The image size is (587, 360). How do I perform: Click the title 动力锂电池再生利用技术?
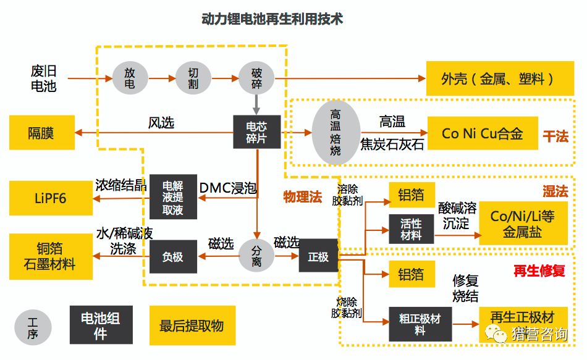[272, 19]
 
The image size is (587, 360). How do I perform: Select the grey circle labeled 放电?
[130, 78]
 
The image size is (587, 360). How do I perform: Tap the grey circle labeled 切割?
[193, 78]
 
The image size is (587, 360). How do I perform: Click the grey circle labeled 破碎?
[256, 78]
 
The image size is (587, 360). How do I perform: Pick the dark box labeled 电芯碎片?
[256, 132]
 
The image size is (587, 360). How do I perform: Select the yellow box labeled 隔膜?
[41, 132]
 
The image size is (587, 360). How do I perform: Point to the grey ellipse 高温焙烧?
[336, 132]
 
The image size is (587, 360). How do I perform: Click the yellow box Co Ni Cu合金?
[482, 133]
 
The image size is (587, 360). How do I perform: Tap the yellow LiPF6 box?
[50, 198]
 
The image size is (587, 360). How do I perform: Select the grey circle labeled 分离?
[256, 256]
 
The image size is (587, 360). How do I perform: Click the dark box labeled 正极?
[318, 256]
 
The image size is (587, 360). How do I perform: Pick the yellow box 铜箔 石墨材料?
[50, 256]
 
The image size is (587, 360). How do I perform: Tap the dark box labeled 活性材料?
[411, 228]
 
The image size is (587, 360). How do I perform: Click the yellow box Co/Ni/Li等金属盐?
[523, 224]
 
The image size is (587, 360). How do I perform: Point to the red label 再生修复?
[540, 270]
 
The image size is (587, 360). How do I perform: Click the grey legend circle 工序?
[33, 327]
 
